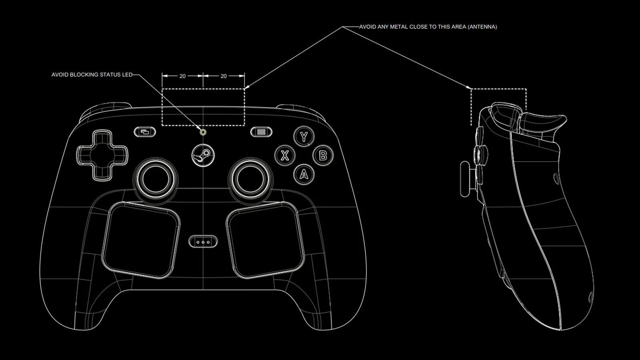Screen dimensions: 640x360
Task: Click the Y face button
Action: point(304,136)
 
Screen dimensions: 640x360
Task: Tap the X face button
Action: point(285,156)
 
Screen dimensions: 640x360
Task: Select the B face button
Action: point(323,156)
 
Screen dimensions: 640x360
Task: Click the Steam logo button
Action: point(203,156)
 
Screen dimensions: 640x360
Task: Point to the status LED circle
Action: point(203,132)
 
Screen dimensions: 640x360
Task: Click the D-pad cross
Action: point(102,156)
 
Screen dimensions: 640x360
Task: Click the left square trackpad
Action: point(141,240)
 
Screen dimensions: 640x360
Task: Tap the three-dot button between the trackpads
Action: point(203,242)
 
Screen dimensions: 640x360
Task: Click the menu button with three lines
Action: point(261,132)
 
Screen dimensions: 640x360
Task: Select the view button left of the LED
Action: point(145,132)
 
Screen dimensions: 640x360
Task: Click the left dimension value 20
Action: point(182,76)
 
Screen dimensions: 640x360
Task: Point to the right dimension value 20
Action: point(224,76)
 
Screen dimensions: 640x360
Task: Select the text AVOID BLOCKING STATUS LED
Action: point(92,75)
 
